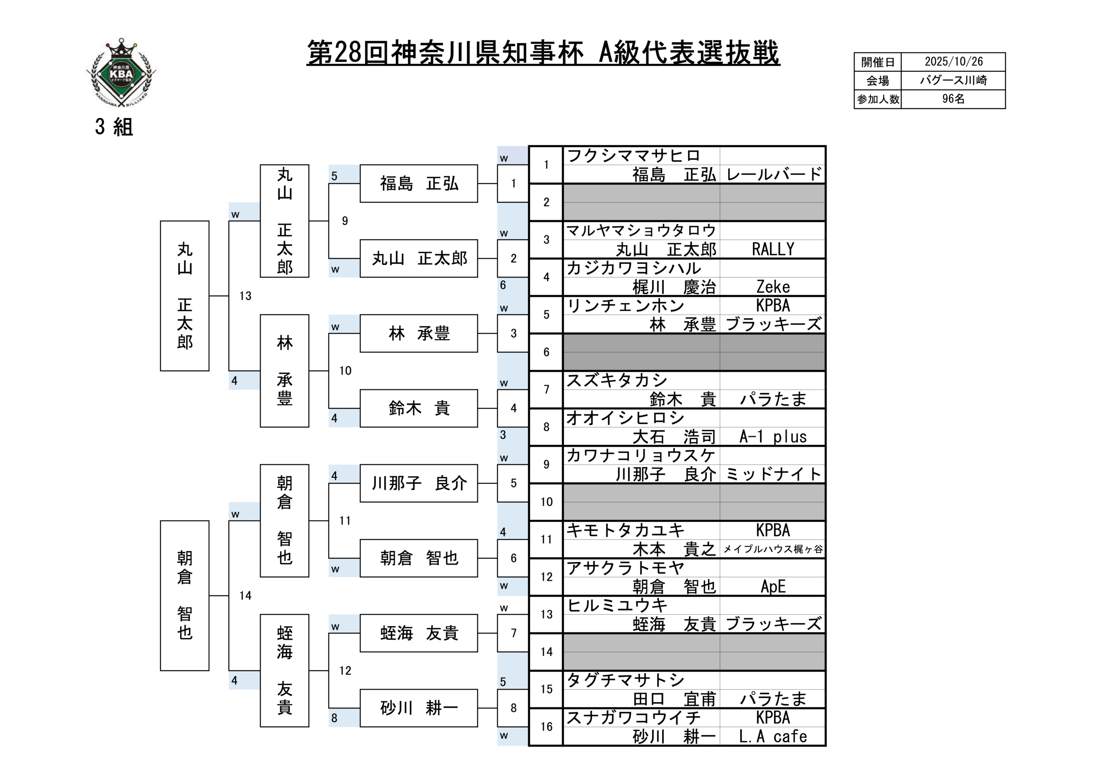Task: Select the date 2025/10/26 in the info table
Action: tap(953, 62)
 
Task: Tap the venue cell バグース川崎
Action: tap(953, 80)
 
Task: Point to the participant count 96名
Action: tap(953, 99)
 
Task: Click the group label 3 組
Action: tap(114, 127)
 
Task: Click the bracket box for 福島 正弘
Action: tap(419, 183)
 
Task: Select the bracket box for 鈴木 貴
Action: tap(419, 408)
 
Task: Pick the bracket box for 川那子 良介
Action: tap(419, 484)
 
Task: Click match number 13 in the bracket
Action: tap(245, 296)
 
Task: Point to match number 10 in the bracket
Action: tap(345, 371)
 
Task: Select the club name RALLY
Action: tap(772, 250)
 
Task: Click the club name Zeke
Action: tap(772, 287)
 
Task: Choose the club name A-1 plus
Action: tap(772, 437)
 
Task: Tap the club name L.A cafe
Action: tap(772, 736)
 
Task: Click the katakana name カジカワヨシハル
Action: tap(633, 268)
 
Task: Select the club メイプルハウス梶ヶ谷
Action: tap(772, 549)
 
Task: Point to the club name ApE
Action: tap(772, 586)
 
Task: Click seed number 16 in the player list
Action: tap(546, 727)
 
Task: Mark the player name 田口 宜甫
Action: tap(674, 699)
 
